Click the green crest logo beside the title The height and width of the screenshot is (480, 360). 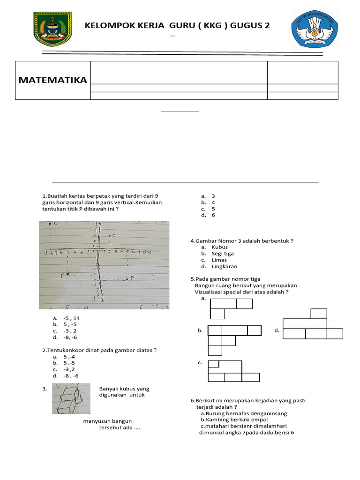pyautogui.click(x=52, y=30)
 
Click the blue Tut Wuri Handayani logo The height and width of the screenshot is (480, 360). pyautogui.click(x=310, y=29)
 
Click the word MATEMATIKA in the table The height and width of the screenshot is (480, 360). pyautogui.click(x=52, y=80)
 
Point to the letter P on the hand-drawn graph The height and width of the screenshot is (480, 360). pyautogui.click(x=132, y=278)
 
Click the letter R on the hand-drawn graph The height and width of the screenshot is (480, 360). pyautogui.click(x=55, y=224)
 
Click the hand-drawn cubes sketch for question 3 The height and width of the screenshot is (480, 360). pyautogui.click(x=71, y=398)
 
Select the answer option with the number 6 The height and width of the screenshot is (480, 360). pyautogui.click(x=213, y=215)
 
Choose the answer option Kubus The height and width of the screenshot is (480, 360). pyautogui.click(x=219, y=247)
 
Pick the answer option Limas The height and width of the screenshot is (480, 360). pyautogui.click(x=219, y=260)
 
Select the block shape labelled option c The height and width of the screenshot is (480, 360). pyautogui.click(x=233, y=371)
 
